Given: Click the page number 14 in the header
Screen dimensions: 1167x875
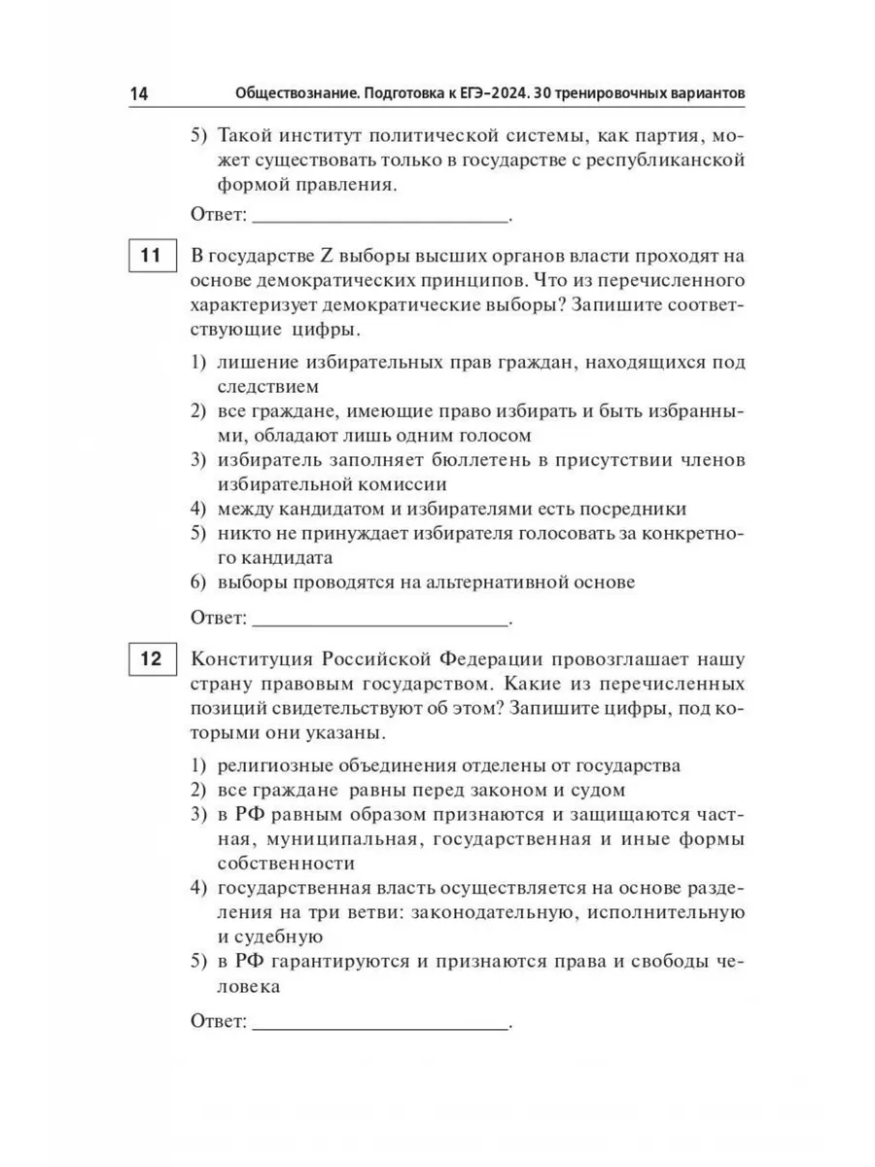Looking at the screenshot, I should click(x=138, y=93).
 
